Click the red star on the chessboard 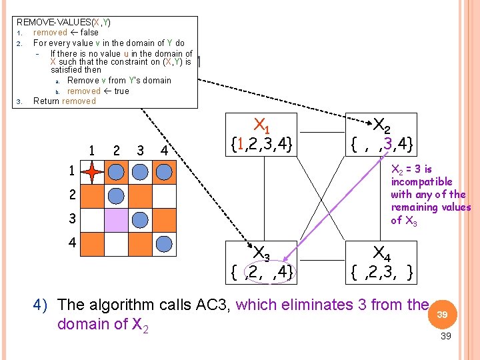click(92, 172)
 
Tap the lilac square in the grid click(116, 220)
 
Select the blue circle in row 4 click(164, 244)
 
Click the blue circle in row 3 click(140, 220)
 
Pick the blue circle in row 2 click(116, 196)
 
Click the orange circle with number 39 click(443, 315)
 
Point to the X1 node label click(262, 126)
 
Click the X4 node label click(382, 254)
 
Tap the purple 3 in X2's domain click(388, 143)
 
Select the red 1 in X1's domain click(240, 144)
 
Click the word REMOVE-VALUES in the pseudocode click(54, 22)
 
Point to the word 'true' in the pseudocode click(121, 91)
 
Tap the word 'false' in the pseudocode click(89, 33)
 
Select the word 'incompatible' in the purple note click(422, 182)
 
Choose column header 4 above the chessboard click(165, 151)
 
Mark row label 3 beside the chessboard click(72, 219)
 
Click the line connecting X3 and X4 click(321, 260)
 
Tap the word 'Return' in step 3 click(46, 101)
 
